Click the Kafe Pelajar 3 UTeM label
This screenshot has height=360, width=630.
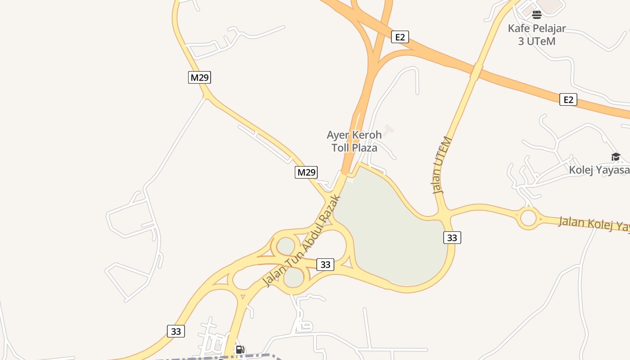(537, 35)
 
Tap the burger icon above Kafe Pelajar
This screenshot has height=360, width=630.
(536, 15)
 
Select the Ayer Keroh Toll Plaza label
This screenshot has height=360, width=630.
(354, 141)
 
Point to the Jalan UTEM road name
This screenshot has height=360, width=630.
(442, 165)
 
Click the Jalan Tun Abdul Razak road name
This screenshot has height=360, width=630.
(301, 241)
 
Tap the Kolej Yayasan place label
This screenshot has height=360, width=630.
(599, 170)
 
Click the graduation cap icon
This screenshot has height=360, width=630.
(616, 157)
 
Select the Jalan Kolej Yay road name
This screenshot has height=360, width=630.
(594, 224)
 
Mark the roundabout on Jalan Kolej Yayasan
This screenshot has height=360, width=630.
(528, 218)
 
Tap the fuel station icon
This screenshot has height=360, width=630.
(240, 350)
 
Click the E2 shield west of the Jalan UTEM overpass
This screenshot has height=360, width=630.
(400, 37)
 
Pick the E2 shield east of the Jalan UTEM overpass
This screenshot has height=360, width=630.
(568, 99)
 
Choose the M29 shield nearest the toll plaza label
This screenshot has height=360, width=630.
(306, 172)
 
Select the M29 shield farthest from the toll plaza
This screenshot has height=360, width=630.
(199, 77)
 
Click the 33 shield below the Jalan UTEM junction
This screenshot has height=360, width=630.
(452, 238)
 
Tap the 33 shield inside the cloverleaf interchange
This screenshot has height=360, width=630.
(325, 265)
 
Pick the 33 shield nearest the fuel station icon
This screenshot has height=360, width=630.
(176, 331)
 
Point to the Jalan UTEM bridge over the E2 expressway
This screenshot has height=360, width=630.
(477, 72)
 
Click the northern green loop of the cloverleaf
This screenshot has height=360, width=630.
(286, 246)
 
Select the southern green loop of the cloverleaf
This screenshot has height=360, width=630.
(294, 277)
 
